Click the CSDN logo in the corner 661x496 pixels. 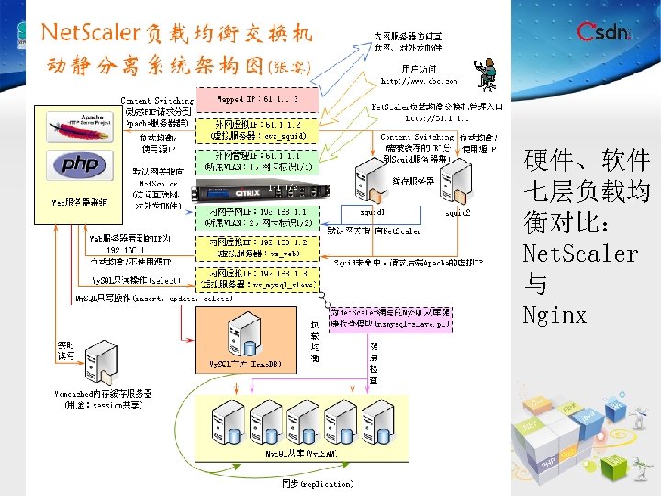pos(604,33)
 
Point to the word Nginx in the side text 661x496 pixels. pos(555,316)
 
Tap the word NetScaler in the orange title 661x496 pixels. pos(89,33)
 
